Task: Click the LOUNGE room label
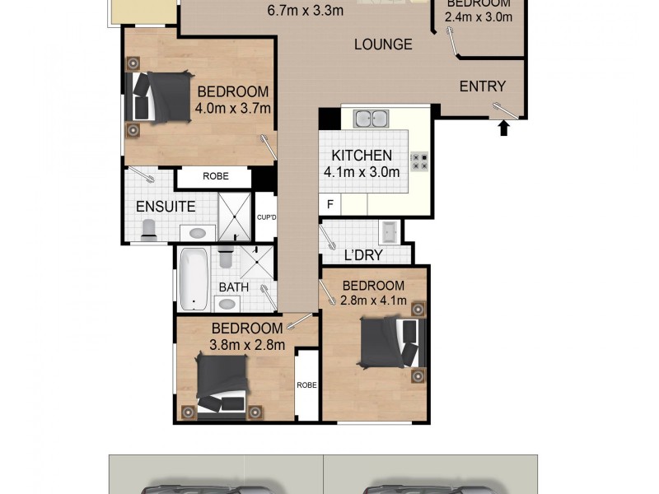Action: pyautogui.click(x=383, y=44)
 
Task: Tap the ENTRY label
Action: pyautogui.click(x=482, y=86)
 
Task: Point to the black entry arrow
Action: pyautogui.click(x=504, y=127)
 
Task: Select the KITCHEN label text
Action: pyautogui.click(x=362, y=156)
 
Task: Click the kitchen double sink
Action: pyautogui.click(x=371, y=119)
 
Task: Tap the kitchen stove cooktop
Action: pyautogui.click(x=419, y=161)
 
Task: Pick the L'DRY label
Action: pyautogui.click(x=363, y=255)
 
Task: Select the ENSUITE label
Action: pyautogui.click(x=166, y=207)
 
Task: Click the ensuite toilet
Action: pyautogui.click(x=149, y=230)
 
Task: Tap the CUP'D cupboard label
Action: pyautogui.click(x=265, y=218)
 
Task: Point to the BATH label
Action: pyautogui.click(x=234, y=287)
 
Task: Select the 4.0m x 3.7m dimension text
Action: pyautogui.click(x=233, y=108)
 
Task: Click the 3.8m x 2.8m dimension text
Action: pyautogui.click(x=247, y=345)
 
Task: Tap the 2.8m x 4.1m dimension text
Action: pyautogui.click(x=374, y=301)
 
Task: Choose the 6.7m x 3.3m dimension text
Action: pyautogui.click(x=306, y=12)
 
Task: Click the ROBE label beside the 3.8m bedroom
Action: pyautogui.click(x=306, y=384)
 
